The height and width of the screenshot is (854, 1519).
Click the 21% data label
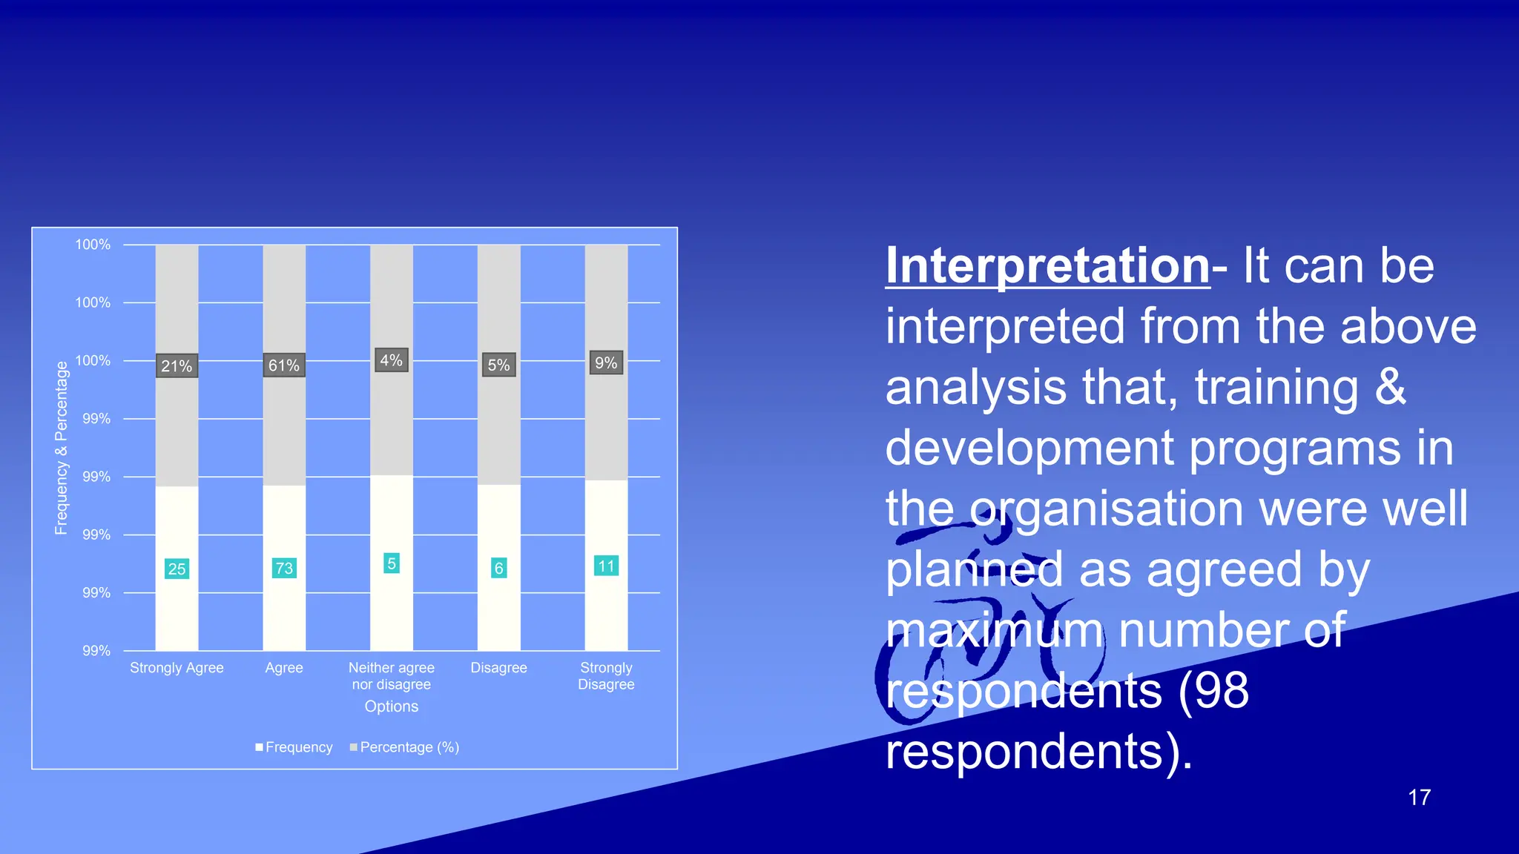tap(177, 365)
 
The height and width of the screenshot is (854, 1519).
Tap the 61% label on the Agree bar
tap(284, 365)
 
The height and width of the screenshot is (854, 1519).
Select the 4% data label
tap(392, 360)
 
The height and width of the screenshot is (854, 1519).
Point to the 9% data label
tap(606, 363)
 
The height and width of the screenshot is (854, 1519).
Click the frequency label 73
tap(284, 568)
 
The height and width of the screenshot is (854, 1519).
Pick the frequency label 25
tap(177, 569)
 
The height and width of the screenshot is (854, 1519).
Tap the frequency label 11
tap(606, 566)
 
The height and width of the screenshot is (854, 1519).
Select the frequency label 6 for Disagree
tap(498, 568)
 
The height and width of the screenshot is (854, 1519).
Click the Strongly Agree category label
tap(177, 667)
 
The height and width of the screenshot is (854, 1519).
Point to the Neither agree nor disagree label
tap(392, 675)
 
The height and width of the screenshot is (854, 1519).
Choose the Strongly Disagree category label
tap(606, 675)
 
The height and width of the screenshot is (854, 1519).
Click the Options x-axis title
tap(392, 706)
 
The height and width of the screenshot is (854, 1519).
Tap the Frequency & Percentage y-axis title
tap(62, 448)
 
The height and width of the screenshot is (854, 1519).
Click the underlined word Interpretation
tap(1047, 265)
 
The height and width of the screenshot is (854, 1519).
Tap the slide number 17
tap(1419, 798)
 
